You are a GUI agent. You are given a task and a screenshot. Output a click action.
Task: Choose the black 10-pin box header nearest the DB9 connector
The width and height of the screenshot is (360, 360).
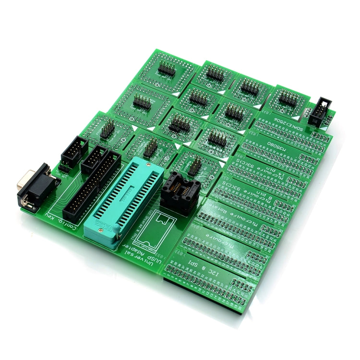[74, 151]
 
